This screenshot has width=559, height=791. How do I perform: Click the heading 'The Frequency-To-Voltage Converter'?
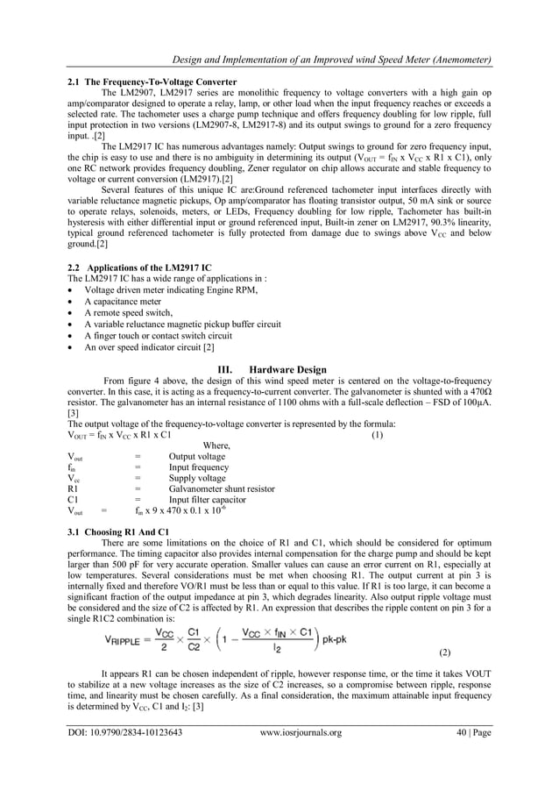pos(161,82)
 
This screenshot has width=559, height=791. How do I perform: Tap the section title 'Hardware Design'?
pos(288,369)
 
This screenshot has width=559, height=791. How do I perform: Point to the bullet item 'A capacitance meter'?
pos(123,301)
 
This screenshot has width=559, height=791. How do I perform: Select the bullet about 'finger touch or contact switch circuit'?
pos(159,335)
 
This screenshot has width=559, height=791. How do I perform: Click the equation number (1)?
pos(378,435)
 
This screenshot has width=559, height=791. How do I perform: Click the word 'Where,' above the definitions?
pos(216,445)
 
